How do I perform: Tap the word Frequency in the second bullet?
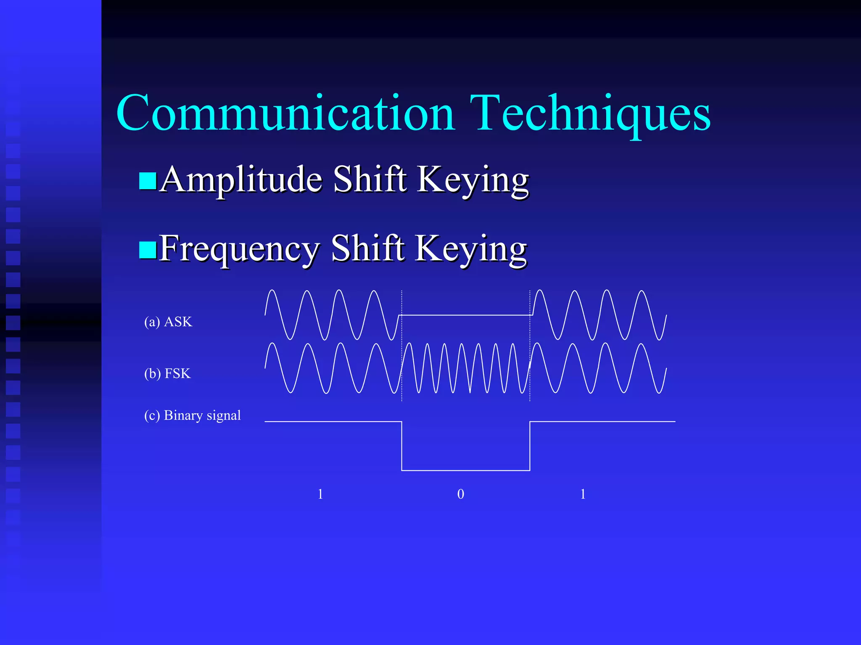[239, 249]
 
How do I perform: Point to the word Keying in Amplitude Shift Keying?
[473, 180]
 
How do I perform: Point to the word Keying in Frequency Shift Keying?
[471, 249]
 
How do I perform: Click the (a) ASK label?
[168, 322]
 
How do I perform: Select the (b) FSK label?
[167, 373]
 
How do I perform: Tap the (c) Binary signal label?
[193, 415]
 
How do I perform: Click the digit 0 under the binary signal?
[461, 494]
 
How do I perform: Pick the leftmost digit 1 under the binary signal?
[320, 494]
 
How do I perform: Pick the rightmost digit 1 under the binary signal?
[583, 494]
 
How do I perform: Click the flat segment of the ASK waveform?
[466, 315]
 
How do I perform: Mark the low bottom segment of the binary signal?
[466, 470]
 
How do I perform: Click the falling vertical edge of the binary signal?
[402, 446]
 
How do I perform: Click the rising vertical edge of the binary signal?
[530, 446]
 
